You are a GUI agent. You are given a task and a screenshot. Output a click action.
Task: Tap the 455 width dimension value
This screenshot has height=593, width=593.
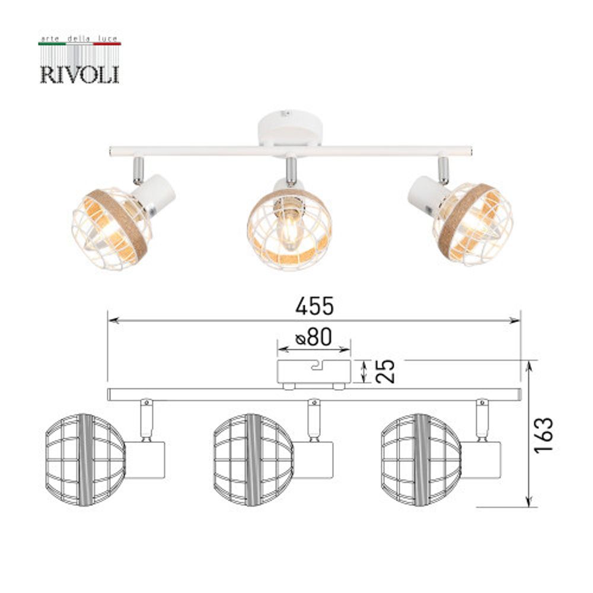[315, 306]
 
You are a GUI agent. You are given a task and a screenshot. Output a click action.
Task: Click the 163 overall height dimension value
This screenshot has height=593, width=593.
[544, 434]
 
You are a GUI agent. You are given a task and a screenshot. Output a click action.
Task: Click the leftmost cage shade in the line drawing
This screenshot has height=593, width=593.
[85, 460]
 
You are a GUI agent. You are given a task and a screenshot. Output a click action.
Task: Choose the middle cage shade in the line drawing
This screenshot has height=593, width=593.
[253, 460]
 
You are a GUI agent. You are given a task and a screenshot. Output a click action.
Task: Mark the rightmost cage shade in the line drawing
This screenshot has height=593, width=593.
[421, 460]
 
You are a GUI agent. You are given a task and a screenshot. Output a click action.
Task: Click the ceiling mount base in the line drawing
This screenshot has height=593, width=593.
[314, 371]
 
